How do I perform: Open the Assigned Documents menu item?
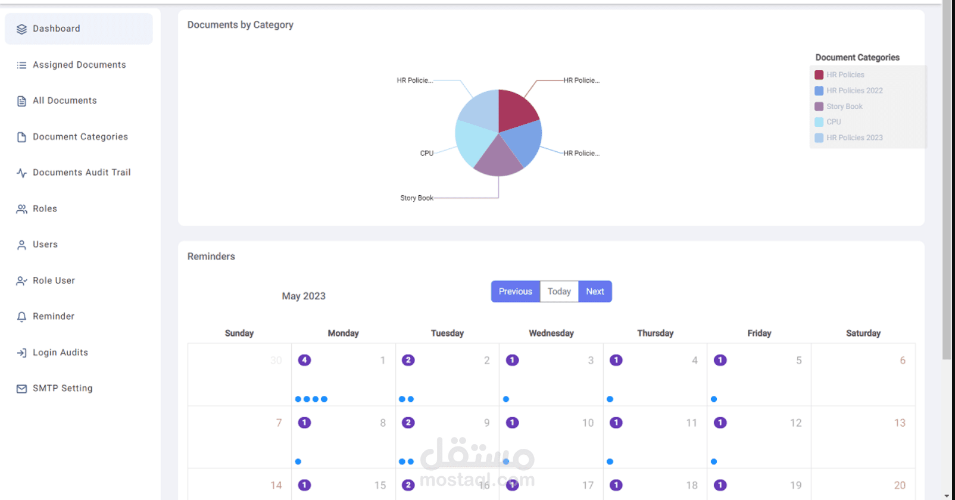(x=79, y=65)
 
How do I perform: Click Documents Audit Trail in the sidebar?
(x=82, y=173)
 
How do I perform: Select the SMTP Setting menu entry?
(x=63, y=388)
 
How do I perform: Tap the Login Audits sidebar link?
(x=60, y=352)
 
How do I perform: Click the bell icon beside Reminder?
(x=22, y=317)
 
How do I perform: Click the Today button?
(x=559, y=292)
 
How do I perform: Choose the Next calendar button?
(x=595, y=292)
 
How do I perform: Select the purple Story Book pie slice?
(x=498, y=158)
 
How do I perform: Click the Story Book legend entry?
(x=844, y=107)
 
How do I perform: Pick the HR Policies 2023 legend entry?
(x=854, y=138)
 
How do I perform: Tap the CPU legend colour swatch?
(x=819, y=122)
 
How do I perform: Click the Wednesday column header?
(x=551, y=333)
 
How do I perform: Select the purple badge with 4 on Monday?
(x=304, y=360)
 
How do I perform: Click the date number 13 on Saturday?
(x=900, y=423)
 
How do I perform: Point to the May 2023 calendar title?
(x=304, y=296)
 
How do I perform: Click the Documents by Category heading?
(x=241, y=25)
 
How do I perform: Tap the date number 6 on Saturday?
(x=903, y=360)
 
